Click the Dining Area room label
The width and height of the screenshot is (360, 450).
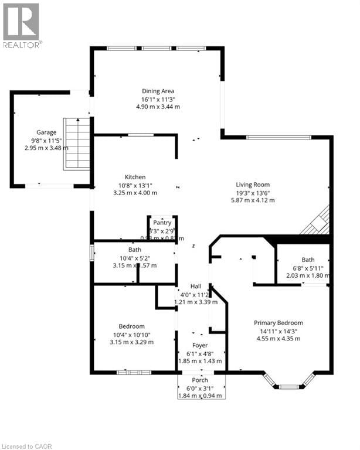(158, 91)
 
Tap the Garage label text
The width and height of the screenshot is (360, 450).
(46, 132)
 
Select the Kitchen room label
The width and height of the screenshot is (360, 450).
(135, 177)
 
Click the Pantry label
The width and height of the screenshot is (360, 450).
(162, 223)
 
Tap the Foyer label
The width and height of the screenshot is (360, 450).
(201, 346)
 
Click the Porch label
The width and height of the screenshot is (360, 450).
(200, 380)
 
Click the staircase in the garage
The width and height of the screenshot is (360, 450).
(76, 143)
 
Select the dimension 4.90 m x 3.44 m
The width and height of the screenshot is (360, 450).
(158, 107)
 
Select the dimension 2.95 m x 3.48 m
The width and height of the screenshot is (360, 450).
(46, 148)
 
